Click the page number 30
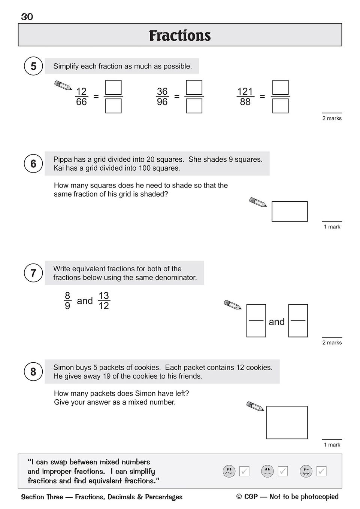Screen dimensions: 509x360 [27, 17]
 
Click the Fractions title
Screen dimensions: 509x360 [180, 36]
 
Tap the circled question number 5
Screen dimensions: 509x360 [33, 66]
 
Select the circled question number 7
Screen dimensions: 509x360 [33, 273]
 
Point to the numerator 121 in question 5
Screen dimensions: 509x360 [245, 92]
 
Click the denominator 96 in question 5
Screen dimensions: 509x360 [162, 102]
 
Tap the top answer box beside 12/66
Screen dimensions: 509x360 [114, 88]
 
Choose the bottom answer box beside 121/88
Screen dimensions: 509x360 [281, 106]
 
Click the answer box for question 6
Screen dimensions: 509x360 [290, 211]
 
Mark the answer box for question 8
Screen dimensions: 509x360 [287, 422]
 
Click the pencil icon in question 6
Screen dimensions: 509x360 [258, 202]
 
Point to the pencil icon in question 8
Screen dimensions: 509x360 [255, 406]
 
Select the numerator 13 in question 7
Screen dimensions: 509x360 [103, 296]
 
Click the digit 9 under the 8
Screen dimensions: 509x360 [67, 306]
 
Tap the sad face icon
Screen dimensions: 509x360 [229, 471]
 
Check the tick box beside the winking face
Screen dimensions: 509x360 [321, 471]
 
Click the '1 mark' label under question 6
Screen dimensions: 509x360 [332, 227]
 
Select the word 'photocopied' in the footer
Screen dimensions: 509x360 [320, 497]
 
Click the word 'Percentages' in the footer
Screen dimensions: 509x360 [164, 497]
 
